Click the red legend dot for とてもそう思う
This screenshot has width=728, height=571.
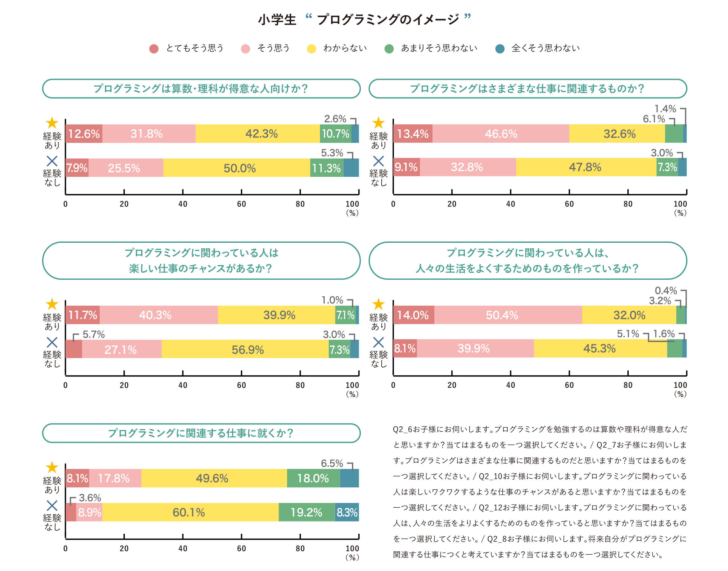154,49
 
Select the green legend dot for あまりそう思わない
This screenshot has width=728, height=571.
389,49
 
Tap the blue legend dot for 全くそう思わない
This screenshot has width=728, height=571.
500,49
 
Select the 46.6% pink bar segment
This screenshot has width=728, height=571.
500,134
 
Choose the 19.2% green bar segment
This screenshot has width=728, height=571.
306,512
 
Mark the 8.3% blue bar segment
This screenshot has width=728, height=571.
347,512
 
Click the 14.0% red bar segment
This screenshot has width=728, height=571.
413,315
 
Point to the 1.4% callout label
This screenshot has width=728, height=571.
665,109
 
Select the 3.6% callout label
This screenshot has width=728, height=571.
90,498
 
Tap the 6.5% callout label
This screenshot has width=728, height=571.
332,463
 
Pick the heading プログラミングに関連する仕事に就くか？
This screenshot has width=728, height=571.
201,433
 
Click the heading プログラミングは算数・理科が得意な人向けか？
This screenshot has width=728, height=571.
201,89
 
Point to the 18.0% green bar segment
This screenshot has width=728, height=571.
313,478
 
